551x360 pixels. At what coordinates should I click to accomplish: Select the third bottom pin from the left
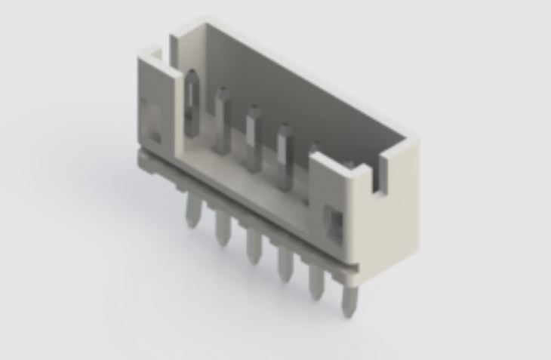[254, 247]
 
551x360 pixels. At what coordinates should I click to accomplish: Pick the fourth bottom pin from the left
[285, 264]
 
